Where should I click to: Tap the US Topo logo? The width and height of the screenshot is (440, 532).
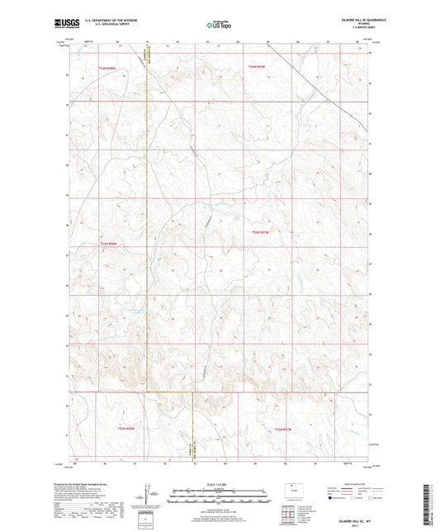(219, 26)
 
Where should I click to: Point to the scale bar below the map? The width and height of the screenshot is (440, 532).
(219, 498)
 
